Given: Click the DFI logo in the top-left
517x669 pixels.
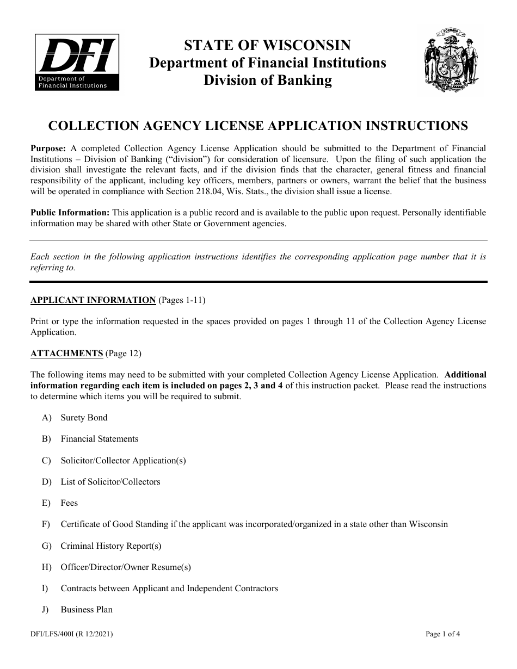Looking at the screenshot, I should (77, 61).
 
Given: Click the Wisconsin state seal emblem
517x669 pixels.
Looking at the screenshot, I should (451, 62).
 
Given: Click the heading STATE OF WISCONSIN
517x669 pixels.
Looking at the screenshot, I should (268, 45).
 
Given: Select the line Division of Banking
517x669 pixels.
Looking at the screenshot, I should (268, 80).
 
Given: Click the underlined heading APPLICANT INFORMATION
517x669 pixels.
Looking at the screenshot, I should (93, 300).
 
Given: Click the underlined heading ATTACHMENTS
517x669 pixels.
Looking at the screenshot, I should (67, 354).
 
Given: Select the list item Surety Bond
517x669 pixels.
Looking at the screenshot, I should (84, 418).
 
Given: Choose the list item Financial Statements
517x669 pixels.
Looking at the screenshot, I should (100, 439).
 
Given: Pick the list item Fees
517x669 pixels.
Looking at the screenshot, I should (69, 503).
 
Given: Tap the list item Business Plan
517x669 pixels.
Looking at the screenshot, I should (87, 610).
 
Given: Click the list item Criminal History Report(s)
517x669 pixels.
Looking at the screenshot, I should (111, 546).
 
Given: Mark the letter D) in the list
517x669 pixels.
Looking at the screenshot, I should (46, 482).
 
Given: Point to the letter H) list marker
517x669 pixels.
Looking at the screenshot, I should (46, 567).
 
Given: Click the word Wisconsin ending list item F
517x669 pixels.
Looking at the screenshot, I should (429, 524).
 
